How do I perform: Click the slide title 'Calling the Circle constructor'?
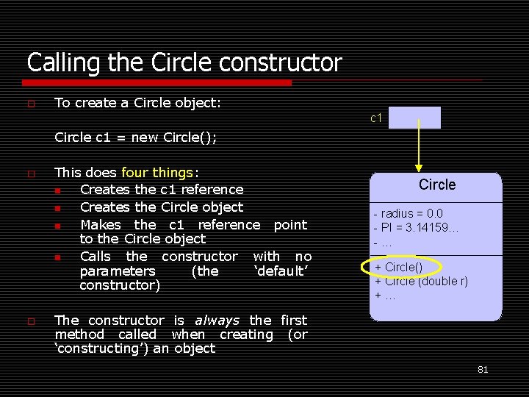[x=184, y=62]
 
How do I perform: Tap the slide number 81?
[x=483, y=370]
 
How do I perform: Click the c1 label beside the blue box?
[x=376, y=118]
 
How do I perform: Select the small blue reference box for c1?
[x=414, y=118]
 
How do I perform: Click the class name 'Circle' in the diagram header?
[x=437, y=185]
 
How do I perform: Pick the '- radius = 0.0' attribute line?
[x=409, y=214]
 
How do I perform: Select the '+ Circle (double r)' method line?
[x=421, y=281]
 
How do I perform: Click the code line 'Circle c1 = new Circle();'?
[x=136, y=137]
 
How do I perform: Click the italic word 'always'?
[x=217, y=321]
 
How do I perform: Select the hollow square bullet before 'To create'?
[x=31, y=104]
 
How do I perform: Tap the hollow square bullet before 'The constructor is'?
[x=31, y=321]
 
